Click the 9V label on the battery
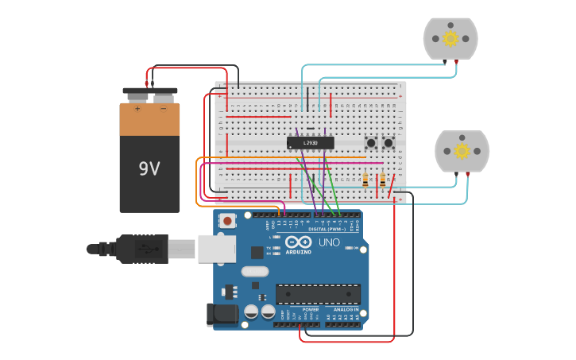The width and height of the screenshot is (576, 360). pos(149,168)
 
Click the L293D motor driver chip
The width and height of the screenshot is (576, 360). pos(311,142)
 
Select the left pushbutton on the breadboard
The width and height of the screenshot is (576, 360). pos(370,143)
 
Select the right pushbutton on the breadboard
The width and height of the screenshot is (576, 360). pos(389,143)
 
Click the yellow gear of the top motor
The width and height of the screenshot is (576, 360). pos(450,38)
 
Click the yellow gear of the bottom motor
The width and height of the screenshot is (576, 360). pos(462,151)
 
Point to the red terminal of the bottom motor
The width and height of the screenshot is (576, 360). pos(468,172)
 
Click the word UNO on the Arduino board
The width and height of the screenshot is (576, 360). pos(329,242)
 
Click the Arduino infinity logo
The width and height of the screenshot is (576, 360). pos(299,242)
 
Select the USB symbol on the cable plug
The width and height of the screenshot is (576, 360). pos(143,249)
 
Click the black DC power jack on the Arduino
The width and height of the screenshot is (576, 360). pos(222,314)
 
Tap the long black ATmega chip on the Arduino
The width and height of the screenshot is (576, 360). pos(318,293)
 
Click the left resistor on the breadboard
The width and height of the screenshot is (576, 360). pos(365,180)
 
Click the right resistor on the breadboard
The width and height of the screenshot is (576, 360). pos(382,180)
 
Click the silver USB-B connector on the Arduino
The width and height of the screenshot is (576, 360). pos(216,249)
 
